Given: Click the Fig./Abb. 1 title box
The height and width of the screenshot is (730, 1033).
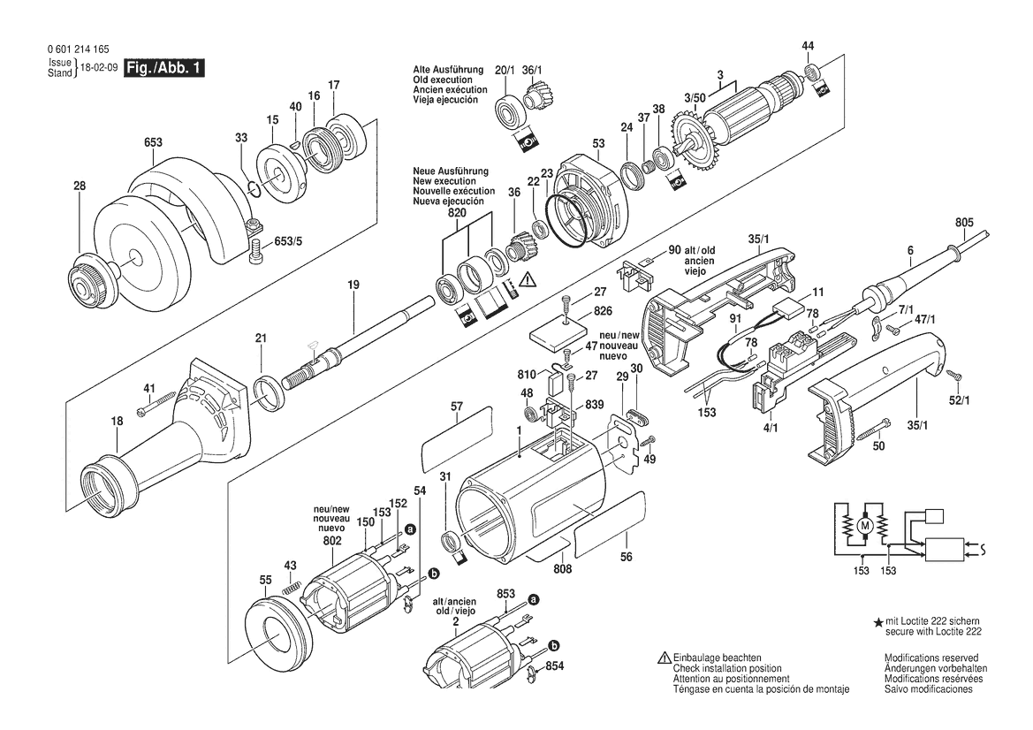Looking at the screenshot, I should click(x=164, y=68).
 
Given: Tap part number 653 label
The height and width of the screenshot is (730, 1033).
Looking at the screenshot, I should click(x=152, y=141).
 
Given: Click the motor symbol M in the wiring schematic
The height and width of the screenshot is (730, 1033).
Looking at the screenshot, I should click(x=864, y=527).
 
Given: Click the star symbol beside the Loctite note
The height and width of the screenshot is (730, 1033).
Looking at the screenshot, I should click(x=877, y=624).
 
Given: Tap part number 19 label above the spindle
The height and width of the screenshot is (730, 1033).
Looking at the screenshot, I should click(x=353, y=285).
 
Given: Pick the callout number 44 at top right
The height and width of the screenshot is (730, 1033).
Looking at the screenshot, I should click(x=808, y=46).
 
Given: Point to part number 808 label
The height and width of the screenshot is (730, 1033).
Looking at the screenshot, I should click(x=562, y=570).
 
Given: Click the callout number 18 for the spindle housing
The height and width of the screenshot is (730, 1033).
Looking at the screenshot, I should click(x=118, y=422).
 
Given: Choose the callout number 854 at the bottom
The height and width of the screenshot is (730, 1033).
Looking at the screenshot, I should click(x=554, y=667).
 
